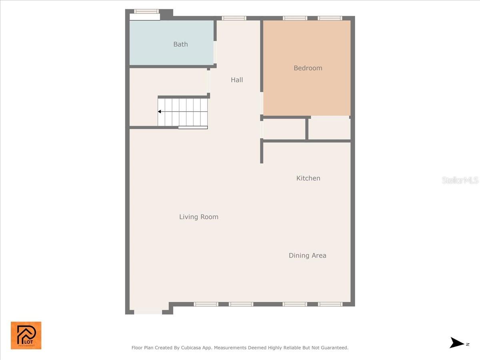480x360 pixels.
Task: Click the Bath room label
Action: (x=180, y=44)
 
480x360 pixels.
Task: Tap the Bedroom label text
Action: (x=308, y=68)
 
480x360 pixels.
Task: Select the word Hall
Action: (x=237, y=80)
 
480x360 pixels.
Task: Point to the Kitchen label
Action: (x=308, y=178)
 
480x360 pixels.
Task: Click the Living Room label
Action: (x=198, y=217)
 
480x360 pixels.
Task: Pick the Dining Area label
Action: (x=307, y=256)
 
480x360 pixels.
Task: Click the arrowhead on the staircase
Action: (x=160, y=112)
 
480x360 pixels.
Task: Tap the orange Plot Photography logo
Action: (x=26, y=335)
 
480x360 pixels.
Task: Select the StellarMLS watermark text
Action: (x=460, y=180)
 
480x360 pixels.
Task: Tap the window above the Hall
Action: (x=234, y=18)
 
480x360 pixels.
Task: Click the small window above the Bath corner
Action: (x=146, y=12)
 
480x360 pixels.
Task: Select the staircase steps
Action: (x=183, y=112)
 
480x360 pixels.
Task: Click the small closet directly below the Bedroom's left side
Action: (x=284, y=129)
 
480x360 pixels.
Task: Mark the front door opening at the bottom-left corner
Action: (x=148, y=312)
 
